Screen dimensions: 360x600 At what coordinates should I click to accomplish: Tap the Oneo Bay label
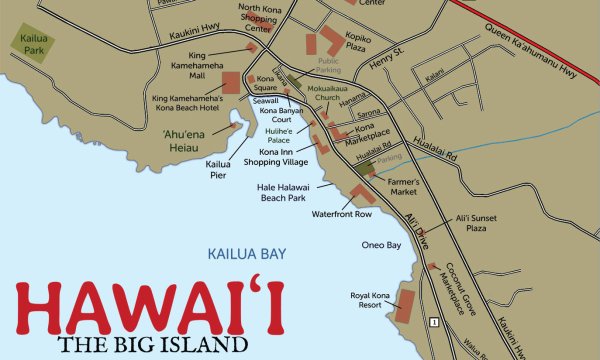(x=380, y=245)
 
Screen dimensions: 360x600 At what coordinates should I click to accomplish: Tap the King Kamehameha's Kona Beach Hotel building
(x=230, y=83)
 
